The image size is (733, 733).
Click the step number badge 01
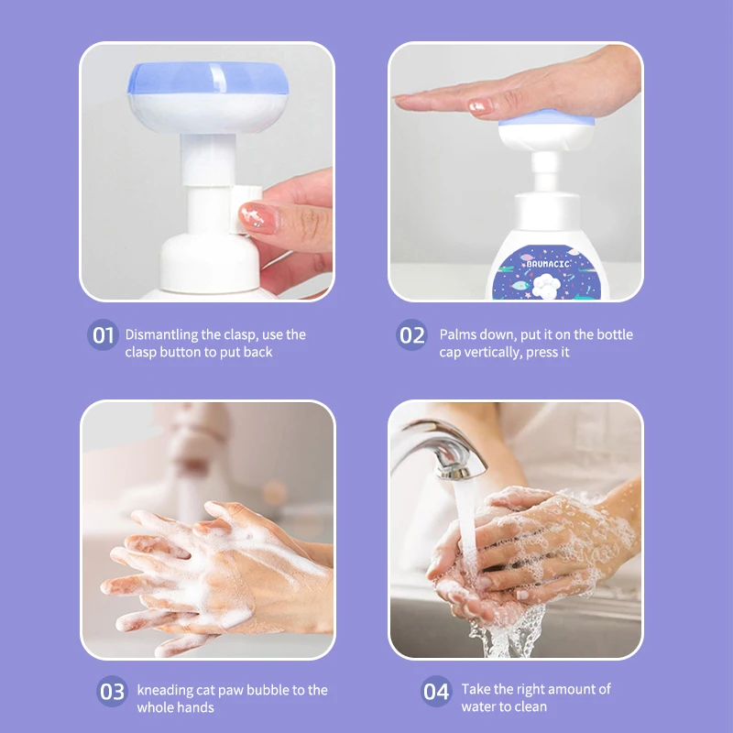point(103,334)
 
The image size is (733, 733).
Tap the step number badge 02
point(411,334)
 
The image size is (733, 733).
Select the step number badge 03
point(112,691)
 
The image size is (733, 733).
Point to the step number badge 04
point(436,691)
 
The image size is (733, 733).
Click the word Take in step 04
point(476,689)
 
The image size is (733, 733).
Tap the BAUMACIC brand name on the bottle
point(547,264)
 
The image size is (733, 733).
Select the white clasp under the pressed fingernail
point(245,209)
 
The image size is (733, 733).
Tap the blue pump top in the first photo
point(208,78)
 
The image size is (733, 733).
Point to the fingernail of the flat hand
point(480,106)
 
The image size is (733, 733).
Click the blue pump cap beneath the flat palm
point(546,119)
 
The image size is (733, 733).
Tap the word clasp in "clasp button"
point(140,352)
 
